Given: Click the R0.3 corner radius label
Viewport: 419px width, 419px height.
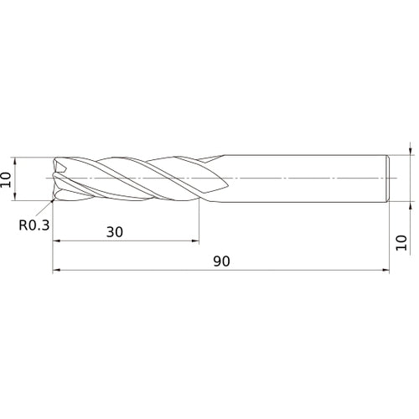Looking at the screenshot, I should click(x=34, y=225).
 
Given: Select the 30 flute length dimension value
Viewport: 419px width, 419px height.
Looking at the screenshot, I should click(x=115, y=232).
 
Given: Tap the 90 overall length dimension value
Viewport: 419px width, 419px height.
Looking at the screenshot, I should click(x=221, y=261).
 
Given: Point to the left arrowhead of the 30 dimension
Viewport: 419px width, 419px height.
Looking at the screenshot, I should click(x=56, y=242).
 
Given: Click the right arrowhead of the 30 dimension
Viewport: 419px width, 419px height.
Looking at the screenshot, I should click(x=195, y=242).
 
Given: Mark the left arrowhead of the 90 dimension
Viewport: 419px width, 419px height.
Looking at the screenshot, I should click(x=56, y=271).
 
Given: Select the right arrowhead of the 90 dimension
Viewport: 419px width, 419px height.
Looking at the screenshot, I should click(x=386, y=271).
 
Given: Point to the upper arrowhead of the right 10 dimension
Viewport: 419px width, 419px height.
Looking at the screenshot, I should click(x=410, y=152).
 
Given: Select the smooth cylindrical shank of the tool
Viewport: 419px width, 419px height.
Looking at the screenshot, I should click(x=302, y=178).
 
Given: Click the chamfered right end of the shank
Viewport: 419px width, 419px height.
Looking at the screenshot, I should click(x=388, y=178).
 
